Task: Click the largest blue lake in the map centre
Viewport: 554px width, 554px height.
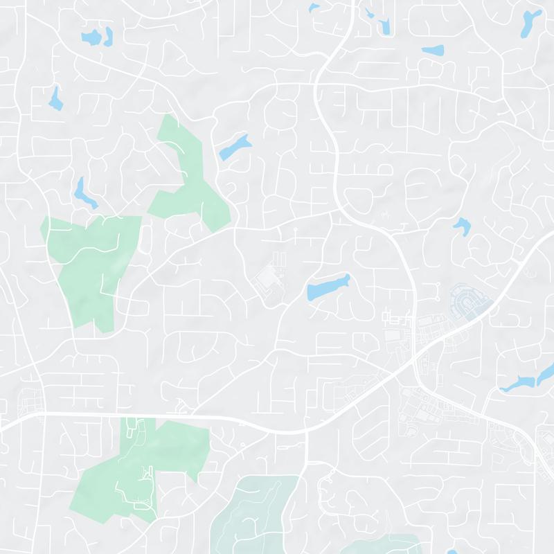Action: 328,287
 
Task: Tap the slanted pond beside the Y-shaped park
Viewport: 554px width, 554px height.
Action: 235,147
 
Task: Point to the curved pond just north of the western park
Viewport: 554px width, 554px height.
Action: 84,193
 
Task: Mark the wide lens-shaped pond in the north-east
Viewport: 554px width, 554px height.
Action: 433,51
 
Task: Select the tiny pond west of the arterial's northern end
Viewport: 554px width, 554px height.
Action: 314,8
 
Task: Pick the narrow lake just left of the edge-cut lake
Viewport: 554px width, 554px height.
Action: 518,383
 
